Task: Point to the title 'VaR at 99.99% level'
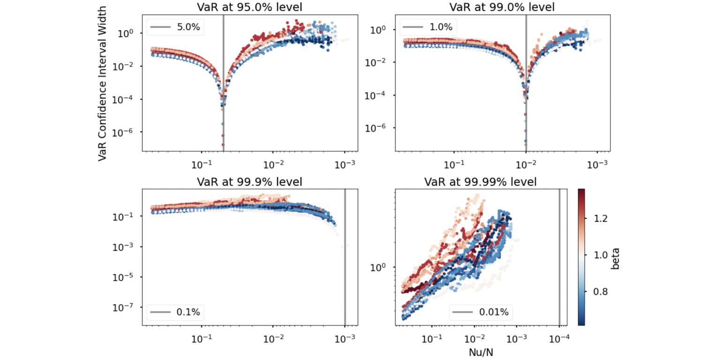tap(480, 181)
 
